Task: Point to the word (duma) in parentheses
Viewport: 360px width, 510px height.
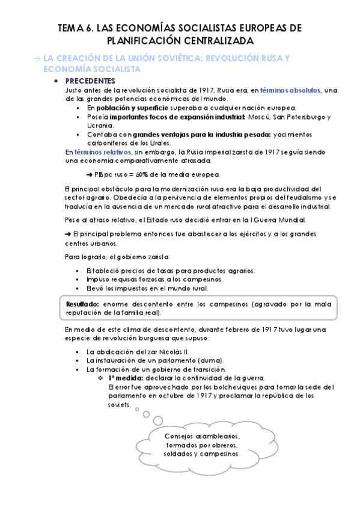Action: pos(198,360)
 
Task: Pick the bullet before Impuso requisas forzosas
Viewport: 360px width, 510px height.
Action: pos(78,280)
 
